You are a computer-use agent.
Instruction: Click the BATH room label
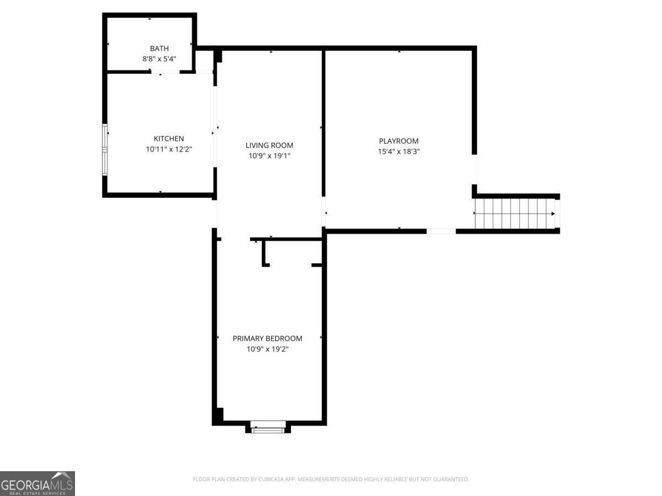(159, 48)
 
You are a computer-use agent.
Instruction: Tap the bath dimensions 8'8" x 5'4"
(159, 58)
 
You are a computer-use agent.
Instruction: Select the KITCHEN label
(169, 139)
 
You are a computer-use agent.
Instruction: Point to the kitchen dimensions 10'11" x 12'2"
(169, 149)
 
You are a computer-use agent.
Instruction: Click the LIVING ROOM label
(269, 145)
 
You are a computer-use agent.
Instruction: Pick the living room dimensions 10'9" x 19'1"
(269, 155)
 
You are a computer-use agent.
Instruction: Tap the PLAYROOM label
(399, 141)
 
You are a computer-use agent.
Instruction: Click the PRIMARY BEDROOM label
(268, 338)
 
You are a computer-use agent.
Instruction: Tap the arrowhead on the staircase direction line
(552, 213)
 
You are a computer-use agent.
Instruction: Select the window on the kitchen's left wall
(105, 149)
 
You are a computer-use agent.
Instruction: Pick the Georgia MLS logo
(37, 483)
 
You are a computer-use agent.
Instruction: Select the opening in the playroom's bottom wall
(441, 231)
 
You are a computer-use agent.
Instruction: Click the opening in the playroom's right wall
(474, 169)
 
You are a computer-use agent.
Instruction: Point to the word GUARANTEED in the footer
(449, 479)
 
